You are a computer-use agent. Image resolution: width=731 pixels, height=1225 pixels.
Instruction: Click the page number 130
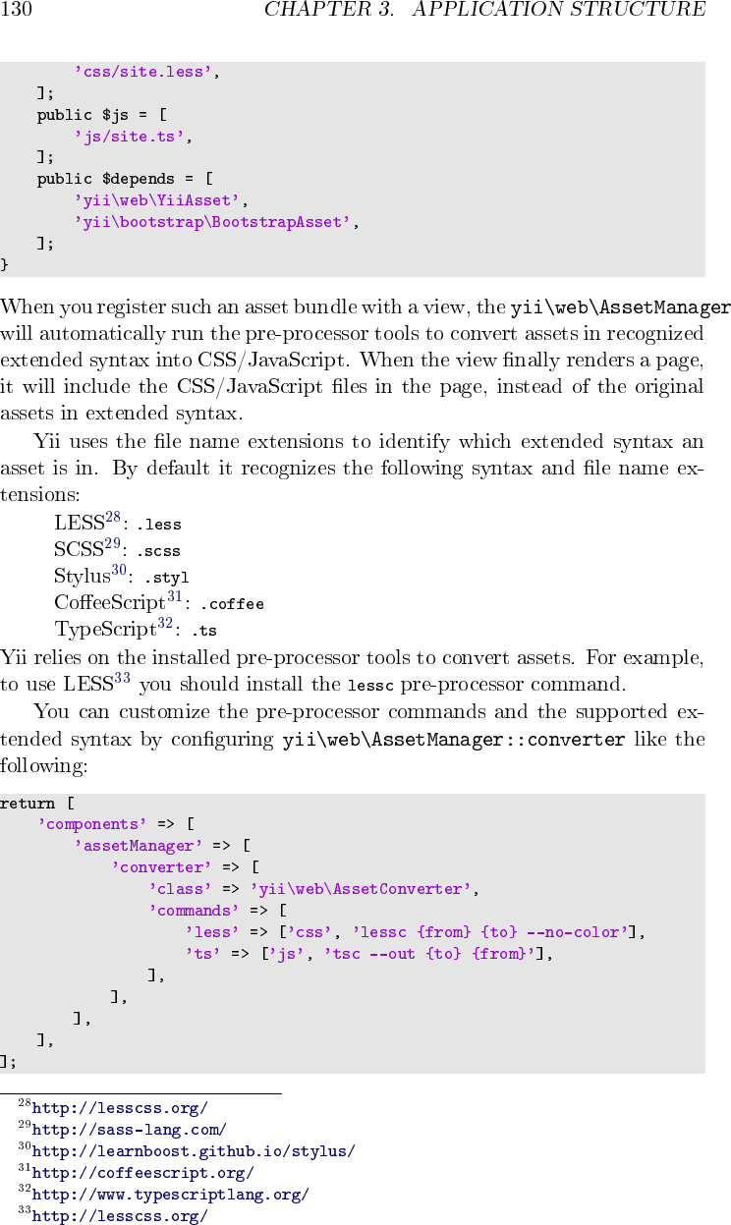pyautogui.click(x=18, y=11)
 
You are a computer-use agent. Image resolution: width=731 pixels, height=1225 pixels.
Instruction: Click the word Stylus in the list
pyautogui.click(x=82, y=577)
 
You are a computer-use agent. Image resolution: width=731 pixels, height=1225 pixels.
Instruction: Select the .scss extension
pyautogui.click(x=158, y=551)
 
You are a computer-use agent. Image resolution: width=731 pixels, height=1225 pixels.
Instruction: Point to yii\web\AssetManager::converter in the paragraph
pyautogui.click(x=453, y=740)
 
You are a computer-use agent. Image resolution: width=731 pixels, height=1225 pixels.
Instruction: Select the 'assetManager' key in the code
pyautogui.click(x=139, y=846)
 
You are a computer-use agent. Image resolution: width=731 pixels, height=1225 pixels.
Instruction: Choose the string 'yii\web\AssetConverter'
pyautogui.click(x=362, y=889)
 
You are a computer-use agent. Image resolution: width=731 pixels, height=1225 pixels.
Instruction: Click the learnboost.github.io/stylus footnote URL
pyautogui.click(x=194, y=1151)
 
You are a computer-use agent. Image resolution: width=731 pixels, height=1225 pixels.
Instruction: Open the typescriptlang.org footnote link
pyautogui.click(x=170, y=1196)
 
